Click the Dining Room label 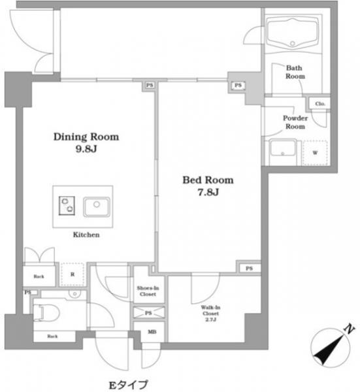[86, 137]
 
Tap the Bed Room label [208, 180]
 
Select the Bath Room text [295, 72]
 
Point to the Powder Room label [295, 122]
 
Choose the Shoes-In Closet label [148, 291]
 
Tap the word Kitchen [86, 235]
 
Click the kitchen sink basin [97, 207]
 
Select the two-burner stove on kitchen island [67, 206]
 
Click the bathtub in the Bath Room [293, 33]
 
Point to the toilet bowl [46, 312]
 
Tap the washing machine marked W [315, 153]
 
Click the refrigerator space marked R [73, 274]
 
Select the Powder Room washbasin [283, 150]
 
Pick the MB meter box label [152, 332]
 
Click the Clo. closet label [320, 103]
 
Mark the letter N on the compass [350, 329]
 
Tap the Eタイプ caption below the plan [128, 385]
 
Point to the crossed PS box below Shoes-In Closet [149, 313]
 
